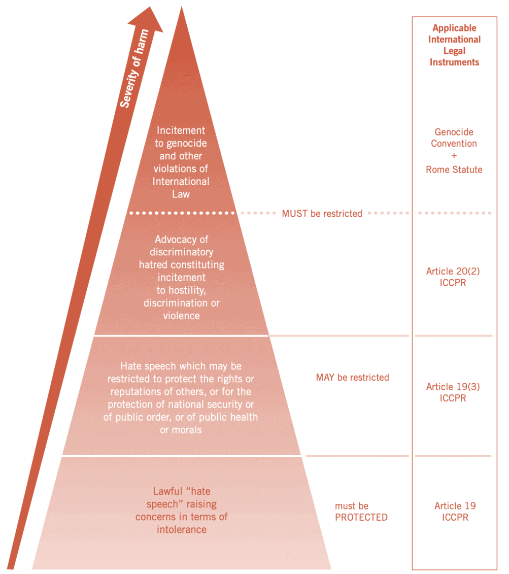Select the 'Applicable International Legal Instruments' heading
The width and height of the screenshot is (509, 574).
454,45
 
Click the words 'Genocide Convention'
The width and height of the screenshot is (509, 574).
454,138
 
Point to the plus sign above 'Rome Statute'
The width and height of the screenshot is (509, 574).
454,156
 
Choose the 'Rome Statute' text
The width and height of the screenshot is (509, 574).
454,170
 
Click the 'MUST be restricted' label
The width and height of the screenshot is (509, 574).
322,214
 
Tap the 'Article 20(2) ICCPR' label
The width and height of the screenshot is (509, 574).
453,277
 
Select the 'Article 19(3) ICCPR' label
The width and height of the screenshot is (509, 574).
453,392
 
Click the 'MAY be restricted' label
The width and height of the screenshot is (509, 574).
352,378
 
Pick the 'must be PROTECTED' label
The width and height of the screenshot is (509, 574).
361,512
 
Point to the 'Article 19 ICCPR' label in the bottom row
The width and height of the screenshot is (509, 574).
455,512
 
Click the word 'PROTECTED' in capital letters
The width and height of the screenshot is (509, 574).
361,518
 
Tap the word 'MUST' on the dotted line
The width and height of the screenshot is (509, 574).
295,214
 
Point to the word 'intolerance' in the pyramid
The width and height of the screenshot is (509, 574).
182,529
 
